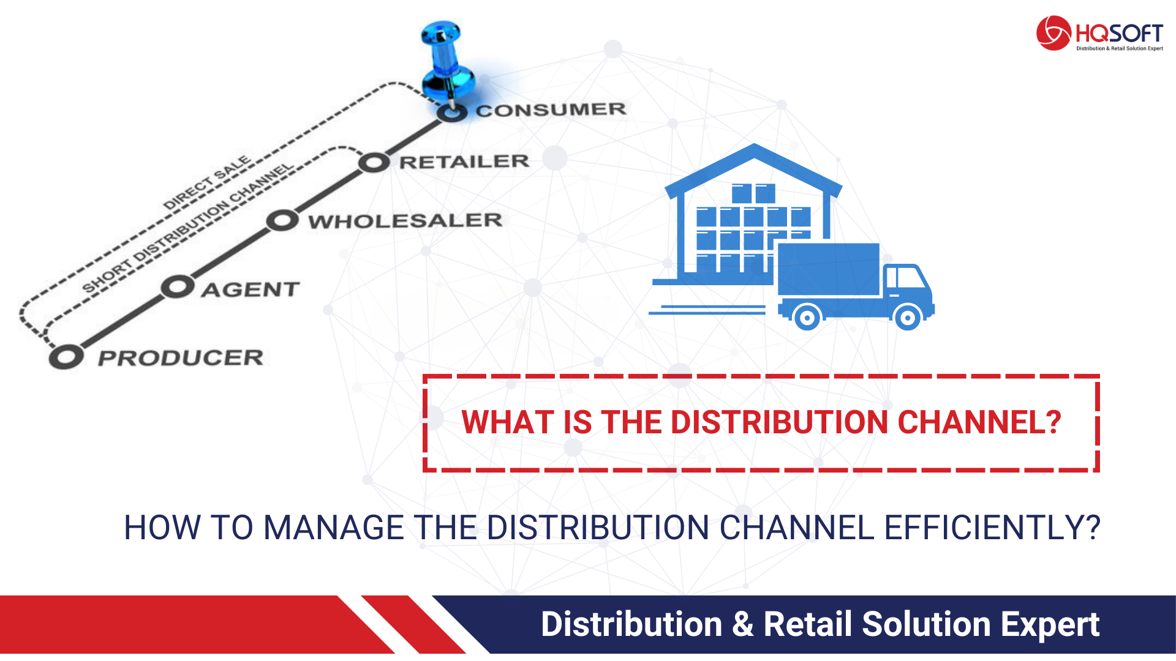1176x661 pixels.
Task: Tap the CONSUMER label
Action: pos(551,110)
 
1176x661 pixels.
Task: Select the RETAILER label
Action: pos(464,162)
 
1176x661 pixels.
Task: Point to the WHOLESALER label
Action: pos(405,221)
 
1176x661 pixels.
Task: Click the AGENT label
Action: pos(251,289)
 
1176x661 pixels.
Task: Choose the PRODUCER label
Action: pos(181,358)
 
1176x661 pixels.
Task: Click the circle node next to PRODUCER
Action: pos(66,357)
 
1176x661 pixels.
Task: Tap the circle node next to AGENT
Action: pos(178,287)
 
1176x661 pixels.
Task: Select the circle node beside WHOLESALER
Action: pos(282,220)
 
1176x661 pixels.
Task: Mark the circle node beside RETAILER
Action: pos(374,163)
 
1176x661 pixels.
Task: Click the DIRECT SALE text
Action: pos(208,182)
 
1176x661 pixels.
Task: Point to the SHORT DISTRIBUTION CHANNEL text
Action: pos(188,228)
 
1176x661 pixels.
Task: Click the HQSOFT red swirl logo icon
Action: pos(1053,33)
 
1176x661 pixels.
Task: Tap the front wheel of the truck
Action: pos(907,318)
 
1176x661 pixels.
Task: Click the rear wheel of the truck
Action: pos(807,318)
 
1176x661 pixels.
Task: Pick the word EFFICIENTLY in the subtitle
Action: pos(992,528)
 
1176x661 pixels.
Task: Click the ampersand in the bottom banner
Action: pos(742,624)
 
